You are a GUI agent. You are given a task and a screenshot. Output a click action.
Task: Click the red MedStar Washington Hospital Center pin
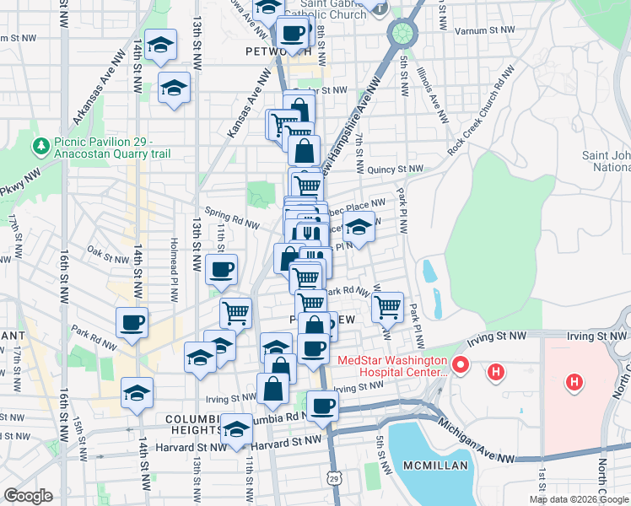point(461,366)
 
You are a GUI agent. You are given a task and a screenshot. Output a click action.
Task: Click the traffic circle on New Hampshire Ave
point(402,34)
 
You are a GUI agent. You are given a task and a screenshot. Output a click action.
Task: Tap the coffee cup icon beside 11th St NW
point(222,270)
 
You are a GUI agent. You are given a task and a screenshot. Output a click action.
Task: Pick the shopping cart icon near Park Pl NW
point(387,307)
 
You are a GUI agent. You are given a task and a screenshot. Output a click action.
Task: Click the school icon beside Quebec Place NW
point(359,227)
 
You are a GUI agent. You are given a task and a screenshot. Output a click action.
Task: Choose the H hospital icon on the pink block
point(574,383)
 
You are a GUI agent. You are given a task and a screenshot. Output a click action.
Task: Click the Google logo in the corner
point(28,496)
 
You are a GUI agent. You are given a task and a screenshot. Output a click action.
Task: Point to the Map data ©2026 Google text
point(578,499)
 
